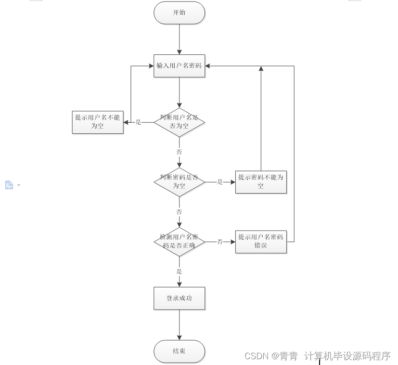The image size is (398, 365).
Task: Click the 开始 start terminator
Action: point(179,13)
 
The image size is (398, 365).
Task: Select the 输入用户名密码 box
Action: point(179,66)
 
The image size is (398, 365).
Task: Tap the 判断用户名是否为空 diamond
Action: point(179,122)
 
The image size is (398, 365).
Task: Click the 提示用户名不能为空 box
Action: point(98,122)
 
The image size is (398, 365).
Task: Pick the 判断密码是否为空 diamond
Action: point(179,182)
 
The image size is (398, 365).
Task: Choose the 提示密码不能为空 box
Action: point(261,182)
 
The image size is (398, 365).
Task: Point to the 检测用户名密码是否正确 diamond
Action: point(179,242)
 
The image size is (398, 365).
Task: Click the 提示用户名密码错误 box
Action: point(261,242)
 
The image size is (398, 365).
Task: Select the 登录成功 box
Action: point(179,298)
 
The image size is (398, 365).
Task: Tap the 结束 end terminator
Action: point(179,351)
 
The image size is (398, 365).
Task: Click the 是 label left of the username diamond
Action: point(139,122)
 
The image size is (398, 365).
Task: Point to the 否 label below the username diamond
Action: point(180,152)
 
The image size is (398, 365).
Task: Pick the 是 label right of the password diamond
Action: point(220,182)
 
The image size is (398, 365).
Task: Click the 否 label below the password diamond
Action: point(180,212)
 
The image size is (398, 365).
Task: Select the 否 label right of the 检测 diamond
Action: point(220,242)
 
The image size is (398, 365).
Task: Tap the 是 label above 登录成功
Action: point(180,272)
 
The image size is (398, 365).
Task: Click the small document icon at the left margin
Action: point(9,185)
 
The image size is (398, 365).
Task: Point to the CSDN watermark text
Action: point(317,356)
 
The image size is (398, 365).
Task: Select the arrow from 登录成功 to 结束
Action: point(180,325)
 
